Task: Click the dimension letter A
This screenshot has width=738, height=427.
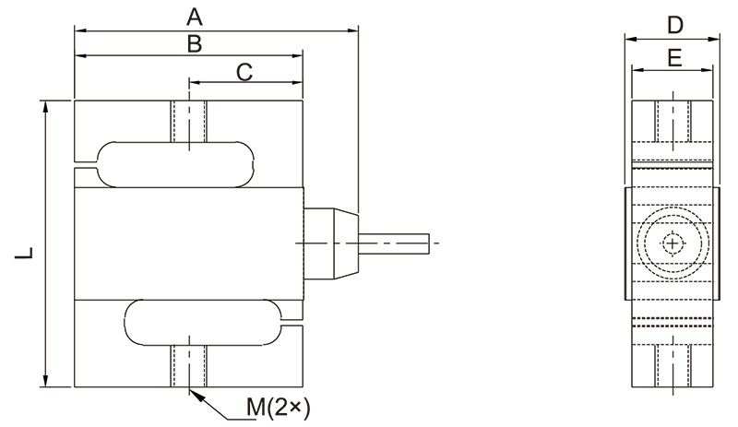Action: (x=194, y=16)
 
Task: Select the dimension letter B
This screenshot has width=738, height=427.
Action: (x=194, y=43)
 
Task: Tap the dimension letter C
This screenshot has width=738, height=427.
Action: (x=244, y=72)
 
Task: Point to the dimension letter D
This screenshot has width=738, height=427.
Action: (x=674, y=24)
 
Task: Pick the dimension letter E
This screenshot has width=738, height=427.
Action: (x=674, y=59)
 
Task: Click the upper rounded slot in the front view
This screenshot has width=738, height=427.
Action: (x=173, y=163)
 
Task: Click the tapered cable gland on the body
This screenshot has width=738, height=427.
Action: (x=328, y=242)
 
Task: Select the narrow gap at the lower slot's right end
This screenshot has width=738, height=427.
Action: (x=293, y=323)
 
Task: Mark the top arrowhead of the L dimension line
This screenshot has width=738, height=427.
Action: (x=45, y=104)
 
